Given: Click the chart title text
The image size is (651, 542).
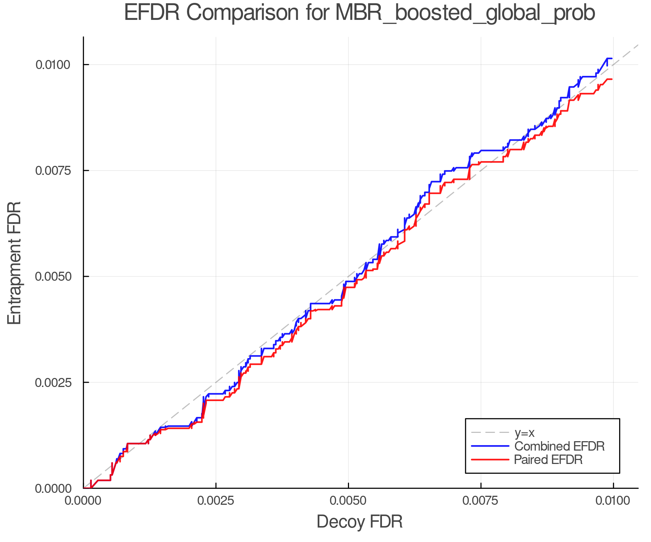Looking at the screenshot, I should tap(359, 13).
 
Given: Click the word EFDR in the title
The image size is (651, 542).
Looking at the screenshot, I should tap(152, 13).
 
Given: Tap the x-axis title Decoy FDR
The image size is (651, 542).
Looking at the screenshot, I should tap(359, 522).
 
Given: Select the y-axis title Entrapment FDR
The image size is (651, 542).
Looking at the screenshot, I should tap(15, 263).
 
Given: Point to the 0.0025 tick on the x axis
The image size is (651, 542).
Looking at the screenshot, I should tap(216, 501).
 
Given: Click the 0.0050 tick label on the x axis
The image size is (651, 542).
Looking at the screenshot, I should tap(348, 501).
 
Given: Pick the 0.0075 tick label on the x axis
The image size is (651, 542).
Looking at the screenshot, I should tap(481, 501).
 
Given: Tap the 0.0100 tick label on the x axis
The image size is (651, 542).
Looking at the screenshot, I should tap(613, 501).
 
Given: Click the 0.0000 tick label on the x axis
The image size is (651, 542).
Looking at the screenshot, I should tap(83, 501).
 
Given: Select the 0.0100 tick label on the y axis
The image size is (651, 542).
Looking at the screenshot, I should tap(52, 65).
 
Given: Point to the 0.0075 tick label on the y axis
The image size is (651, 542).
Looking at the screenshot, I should tap(52, 171).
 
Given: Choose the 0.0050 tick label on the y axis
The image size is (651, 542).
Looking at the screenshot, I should tap(52, 276).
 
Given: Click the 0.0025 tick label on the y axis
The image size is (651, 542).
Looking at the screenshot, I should tap(52, 382).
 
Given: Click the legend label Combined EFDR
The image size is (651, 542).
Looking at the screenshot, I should tap(559, 446).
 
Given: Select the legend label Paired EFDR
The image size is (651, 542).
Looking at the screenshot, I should tap(548, 460).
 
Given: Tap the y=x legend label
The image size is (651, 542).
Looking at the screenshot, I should tap(524, 433).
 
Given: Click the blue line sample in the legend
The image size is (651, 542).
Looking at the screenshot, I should tap(490, 446).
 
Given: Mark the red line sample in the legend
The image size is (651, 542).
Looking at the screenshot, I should tap(490, 460).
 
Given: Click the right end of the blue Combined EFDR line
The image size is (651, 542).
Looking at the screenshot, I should tap(612, 58).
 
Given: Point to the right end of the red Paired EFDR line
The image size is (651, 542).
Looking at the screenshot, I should tap(612, 79).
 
